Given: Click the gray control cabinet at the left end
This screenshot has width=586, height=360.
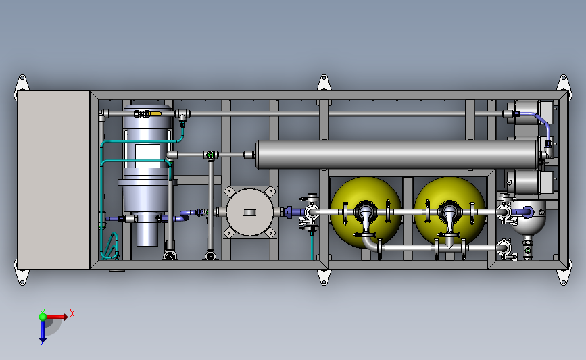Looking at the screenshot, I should pos(53,180).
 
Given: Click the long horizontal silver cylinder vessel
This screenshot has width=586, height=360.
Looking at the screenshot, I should pos(392,155).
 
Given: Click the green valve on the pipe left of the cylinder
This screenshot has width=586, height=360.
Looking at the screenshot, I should pos(211,155).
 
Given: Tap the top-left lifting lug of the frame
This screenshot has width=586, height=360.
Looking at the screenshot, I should pos(22,82).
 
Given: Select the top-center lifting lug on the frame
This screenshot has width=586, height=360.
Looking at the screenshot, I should pos(324,82).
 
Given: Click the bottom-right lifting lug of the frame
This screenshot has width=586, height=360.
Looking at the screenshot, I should pos(562,277).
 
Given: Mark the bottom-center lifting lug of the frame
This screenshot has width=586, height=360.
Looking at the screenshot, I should pos(324,277).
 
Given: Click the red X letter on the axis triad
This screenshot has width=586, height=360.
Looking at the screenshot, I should pos(72,313).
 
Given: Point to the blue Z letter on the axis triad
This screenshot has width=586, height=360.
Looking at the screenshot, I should pos(42,343).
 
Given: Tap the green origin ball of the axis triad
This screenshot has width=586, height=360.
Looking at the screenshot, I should pos(43,316).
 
